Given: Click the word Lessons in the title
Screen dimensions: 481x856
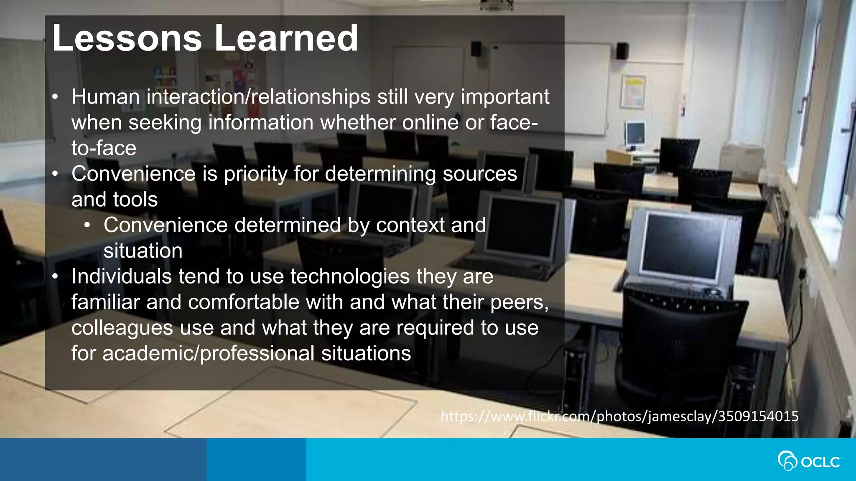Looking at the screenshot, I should pos(127,38).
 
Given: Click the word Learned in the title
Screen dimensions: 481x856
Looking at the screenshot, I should pos(286,38).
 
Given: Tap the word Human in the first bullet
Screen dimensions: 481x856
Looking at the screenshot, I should pos(105,97).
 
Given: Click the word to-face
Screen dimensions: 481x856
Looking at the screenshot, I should pos(104,148).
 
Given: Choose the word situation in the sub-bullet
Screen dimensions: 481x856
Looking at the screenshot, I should pos(143,251).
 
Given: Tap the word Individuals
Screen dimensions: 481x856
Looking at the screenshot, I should pos(121,276).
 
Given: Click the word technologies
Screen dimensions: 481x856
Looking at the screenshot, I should pos(350,276).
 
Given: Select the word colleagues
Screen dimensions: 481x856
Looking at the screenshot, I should pos(122,328).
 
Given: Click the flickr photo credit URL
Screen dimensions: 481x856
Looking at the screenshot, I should pos(619,416).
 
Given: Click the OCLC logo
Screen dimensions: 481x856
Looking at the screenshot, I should pos(809,461).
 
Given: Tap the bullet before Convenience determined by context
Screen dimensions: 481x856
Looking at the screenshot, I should pos(87,226).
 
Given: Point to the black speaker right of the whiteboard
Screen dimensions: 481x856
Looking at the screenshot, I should pos(622,51).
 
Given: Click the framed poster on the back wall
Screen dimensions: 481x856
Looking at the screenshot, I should pos(633,92).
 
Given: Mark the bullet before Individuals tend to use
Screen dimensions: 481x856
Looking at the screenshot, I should pos(55,277).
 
